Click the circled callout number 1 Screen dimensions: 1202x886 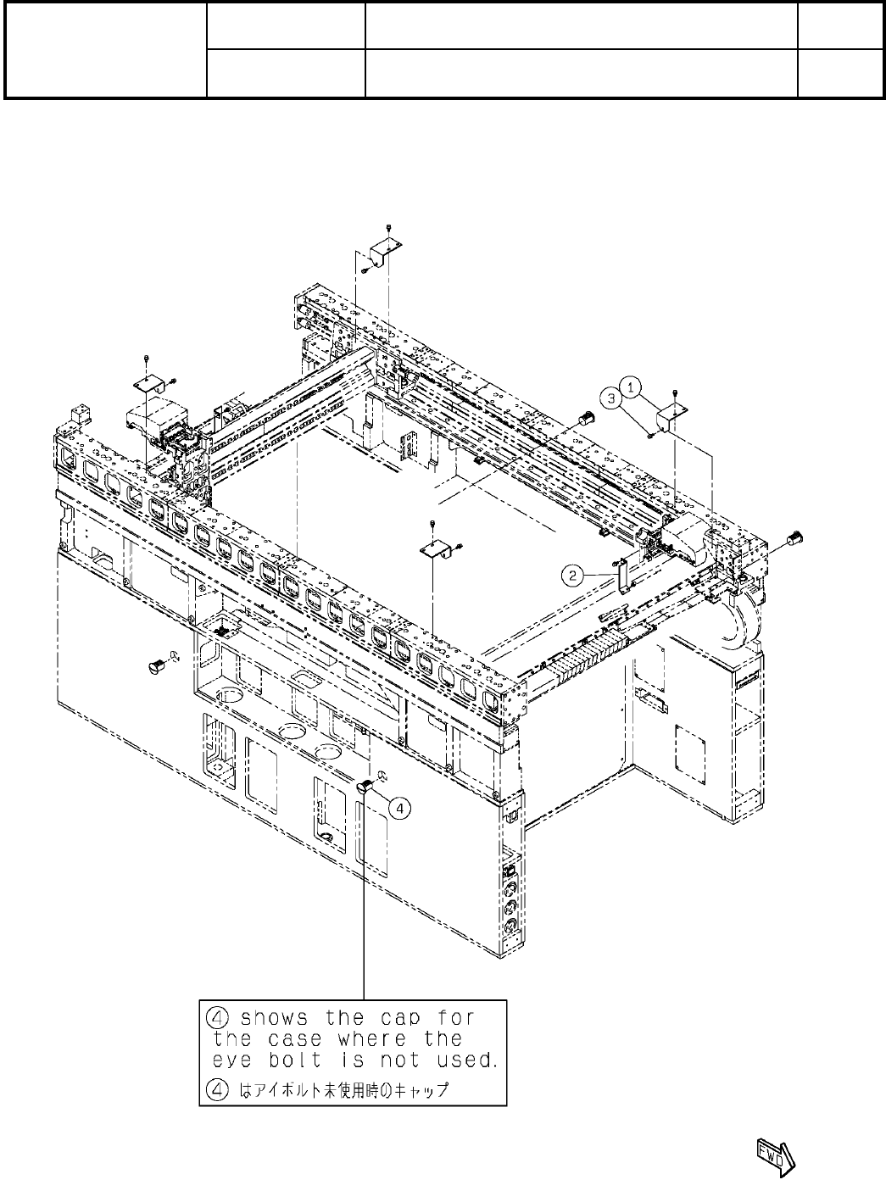click(633, 386)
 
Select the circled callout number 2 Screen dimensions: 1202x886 click(574, 575)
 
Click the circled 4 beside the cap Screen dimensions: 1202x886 click(399, 807)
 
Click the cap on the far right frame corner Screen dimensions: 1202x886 click(795, 537)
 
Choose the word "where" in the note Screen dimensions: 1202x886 click(372, 1038)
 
